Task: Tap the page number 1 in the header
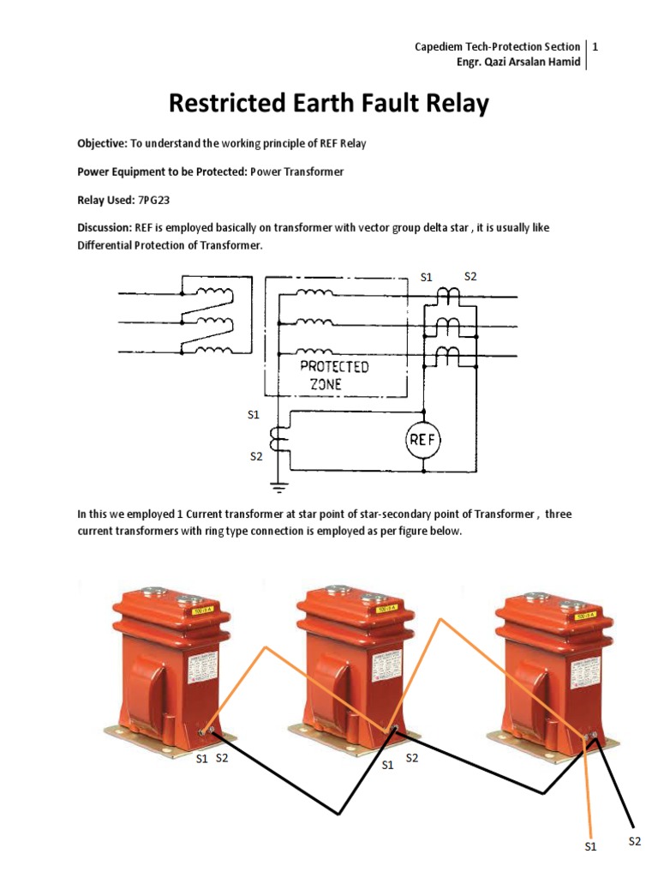pos(594,46)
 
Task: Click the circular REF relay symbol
pos(422,441)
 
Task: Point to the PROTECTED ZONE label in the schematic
pos(334,376)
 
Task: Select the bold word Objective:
pos(102,143)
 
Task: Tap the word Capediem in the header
pos(440,46)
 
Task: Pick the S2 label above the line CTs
pos(470,276)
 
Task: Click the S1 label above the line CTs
pos(427,276)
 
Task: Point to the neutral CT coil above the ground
pos(277,438)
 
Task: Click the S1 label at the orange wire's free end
pos(589,847)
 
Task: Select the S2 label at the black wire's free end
pos(634,841)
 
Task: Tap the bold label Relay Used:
pos(106,200)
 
